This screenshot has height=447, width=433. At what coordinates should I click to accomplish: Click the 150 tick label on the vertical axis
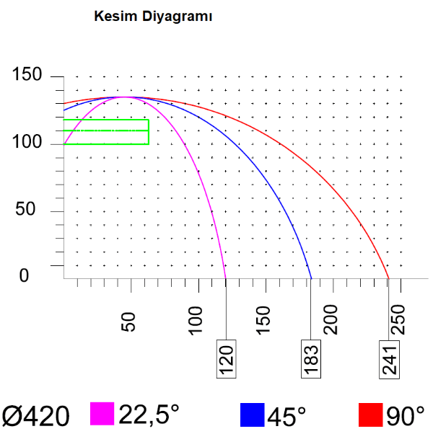tap(27, 76)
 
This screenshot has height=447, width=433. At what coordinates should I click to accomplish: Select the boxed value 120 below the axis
tap(226, 356)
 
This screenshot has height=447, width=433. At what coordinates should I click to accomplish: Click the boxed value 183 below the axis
tap(311, 356)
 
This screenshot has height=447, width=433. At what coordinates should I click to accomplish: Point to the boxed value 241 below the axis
tap(389, 356)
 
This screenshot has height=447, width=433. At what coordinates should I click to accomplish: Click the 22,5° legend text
tap(149, 415)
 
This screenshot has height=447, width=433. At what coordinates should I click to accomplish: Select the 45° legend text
tap(287, 416)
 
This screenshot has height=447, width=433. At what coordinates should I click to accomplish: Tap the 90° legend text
tap(404, 416)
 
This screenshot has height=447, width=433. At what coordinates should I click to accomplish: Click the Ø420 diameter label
tap(36, 416)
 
